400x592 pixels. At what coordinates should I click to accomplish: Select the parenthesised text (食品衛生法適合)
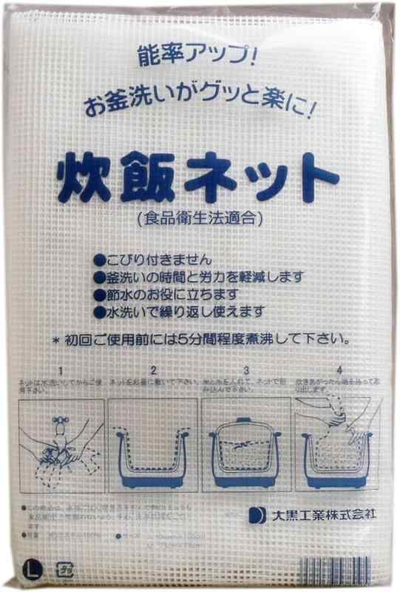point(200,219)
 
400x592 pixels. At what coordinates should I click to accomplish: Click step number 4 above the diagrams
point(338,368)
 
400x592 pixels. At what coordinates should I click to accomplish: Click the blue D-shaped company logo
point(256,515)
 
